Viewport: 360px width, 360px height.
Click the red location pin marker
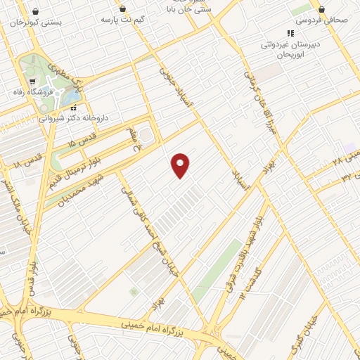(x=181, y=165)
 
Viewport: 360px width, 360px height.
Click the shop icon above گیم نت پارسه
(x=124, y=8)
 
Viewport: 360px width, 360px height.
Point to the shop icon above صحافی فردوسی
(x=321, y=9)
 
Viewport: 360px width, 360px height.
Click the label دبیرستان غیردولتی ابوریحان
(x=290, y=49)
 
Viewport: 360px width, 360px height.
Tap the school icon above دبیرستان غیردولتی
(x=290, y=33)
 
